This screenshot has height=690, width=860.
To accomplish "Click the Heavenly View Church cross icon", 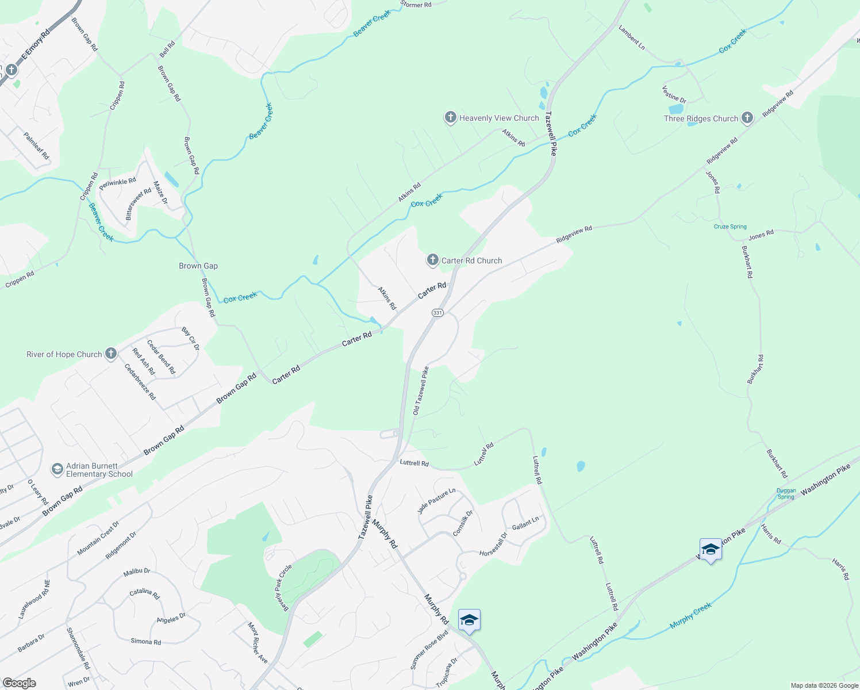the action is point(450,117).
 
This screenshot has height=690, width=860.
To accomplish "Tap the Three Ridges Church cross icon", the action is point(747,118).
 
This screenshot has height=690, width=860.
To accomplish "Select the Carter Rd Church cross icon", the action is point(432,260).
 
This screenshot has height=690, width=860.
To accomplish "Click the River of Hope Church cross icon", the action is point(111,354).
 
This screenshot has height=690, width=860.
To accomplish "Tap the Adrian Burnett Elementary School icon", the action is point(57,469).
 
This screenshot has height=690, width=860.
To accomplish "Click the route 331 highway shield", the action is point(437,312).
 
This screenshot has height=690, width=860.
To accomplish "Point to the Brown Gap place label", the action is point(198,266).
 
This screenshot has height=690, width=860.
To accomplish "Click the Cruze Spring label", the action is point(730,227).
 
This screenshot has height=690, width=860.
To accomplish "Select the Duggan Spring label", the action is point(786,494).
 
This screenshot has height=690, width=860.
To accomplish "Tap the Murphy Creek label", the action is point(690,615).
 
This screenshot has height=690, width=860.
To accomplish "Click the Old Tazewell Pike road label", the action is point(421,391).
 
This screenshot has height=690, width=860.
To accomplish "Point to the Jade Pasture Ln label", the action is point(436,501).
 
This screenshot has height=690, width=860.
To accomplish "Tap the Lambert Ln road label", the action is point(632,37).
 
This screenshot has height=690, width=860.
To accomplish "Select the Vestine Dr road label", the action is point(674,94).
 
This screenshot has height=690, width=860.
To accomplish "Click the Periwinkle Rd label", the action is point(117,184).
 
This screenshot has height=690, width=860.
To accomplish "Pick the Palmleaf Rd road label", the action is point(37,145).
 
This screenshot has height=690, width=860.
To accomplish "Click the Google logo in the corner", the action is point(19,683).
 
